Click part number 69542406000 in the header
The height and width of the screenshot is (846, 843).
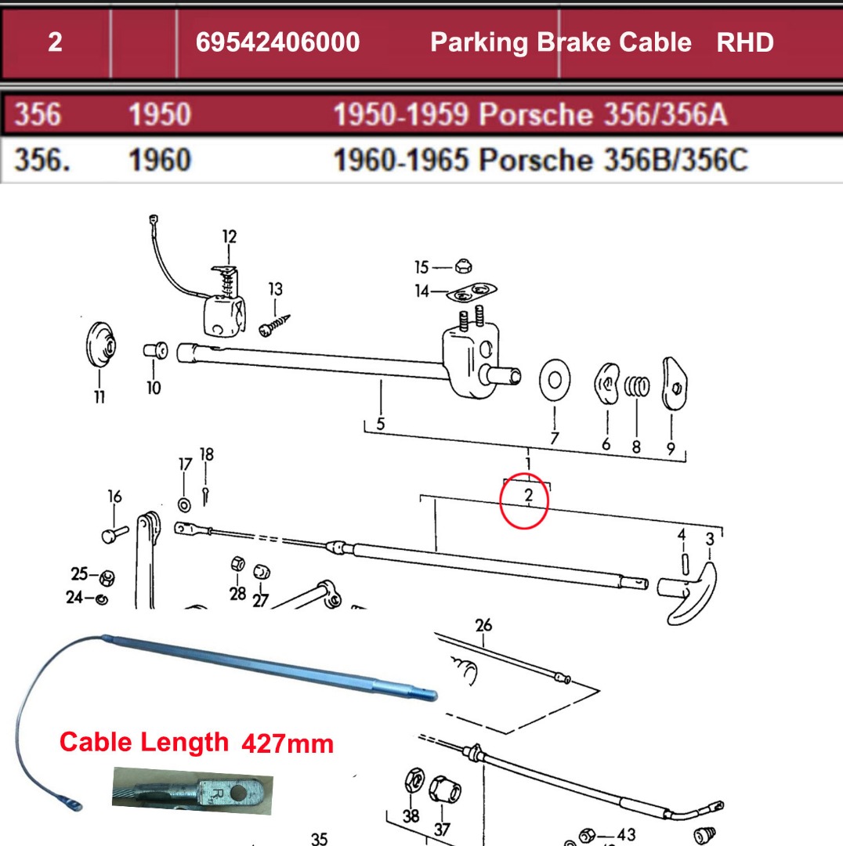tap(277, 42)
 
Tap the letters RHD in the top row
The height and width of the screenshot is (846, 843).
tap(744, 42)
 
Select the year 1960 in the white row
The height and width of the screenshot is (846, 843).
tap(159, 161)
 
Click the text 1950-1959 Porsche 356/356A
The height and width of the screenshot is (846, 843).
tap(530, 115)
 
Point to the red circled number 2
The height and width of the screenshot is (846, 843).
tap(528, 496)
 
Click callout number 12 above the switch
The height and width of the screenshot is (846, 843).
tap(229, 236)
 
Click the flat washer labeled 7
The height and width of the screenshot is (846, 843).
tap(555, 380)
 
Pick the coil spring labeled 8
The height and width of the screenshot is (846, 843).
tap(637, 386)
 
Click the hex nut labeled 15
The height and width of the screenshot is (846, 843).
tap(463, 267)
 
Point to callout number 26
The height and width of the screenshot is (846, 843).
tap(483, 624)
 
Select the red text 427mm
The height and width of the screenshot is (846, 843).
tap(287, 743)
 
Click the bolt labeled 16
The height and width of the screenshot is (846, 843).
tap(114, 534)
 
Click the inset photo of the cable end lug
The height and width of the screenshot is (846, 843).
tap(192, 790)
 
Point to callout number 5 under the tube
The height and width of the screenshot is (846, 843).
tap(380, 424)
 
